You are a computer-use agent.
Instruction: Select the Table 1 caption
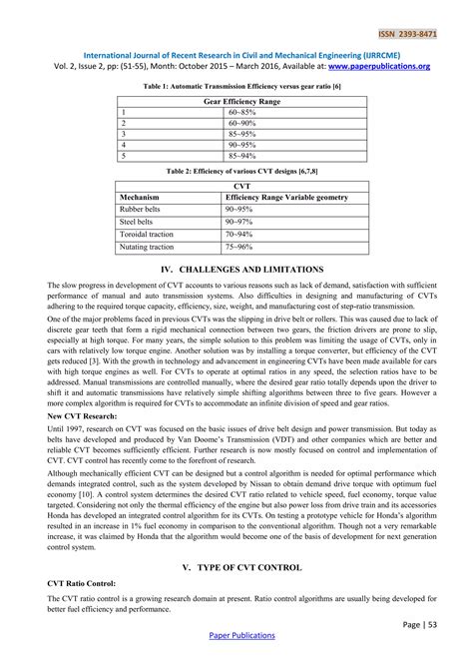pos(236,88)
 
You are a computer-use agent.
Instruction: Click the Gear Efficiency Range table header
pos(236,102)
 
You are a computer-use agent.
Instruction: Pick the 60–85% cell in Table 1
pos(241,114)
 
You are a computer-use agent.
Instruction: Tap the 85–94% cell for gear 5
pos(242,156)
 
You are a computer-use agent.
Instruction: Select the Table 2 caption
pos(236,171)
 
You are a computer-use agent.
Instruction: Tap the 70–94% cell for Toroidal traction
pos(240,234)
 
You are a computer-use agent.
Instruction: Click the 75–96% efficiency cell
pos(240,246)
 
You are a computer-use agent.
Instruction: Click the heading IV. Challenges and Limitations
pos(236,270)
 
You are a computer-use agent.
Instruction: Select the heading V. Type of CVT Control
pos(236,566)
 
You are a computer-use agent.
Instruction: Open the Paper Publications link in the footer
pos(236,662)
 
